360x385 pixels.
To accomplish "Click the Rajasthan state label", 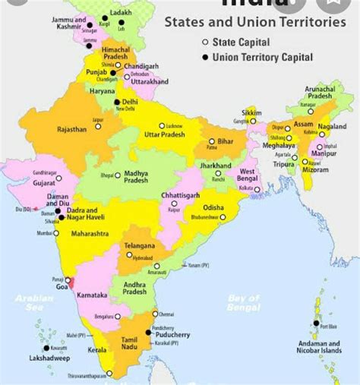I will tap(73, 130).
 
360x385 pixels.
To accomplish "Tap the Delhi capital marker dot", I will tap(116, 102).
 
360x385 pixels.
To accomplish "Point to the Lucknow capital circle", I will tap(161, 125).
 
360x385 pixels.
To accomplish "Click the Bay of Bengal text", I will tap(244, 303).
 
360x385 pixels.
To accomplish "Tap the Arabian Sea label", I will tap(34, 303).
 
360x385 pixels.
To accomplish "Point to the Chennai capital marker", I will tap(155, 314).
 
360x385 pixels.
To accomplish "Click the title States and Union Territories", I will tap(254, 22).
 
